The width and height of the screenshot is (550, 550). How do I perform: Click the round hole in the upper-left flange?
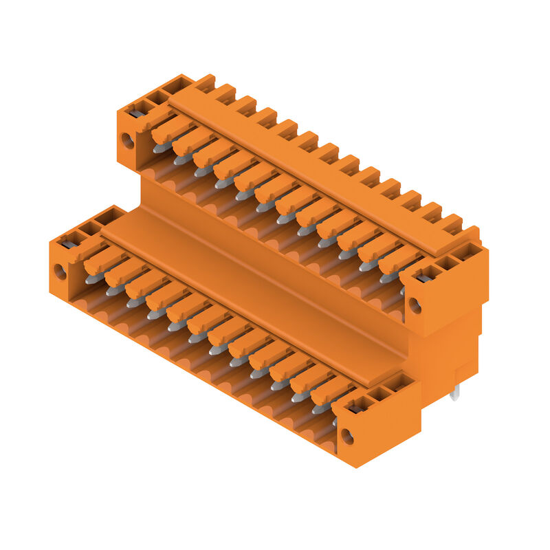tap(127, 140)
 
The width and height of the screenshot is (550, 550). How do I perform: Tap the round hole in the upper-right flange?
tap(415, 305)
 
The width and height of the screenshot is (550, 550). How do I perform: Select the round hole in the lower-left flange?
tap(60, 272)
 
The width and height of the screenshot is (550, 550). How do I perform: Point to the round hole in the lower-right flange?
tap(347, 436)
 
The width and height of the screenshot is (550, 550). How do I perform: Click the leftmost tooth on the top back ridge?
tap(204, 83)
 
